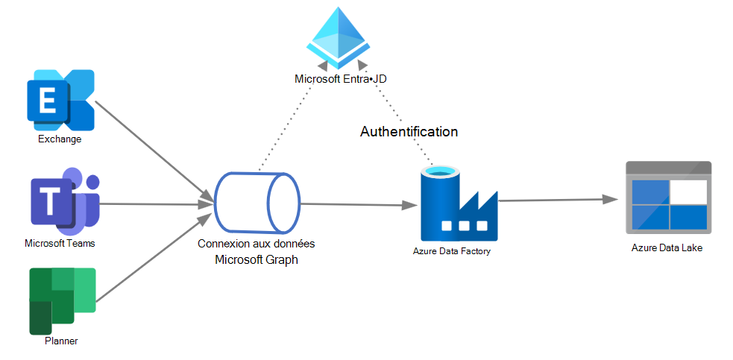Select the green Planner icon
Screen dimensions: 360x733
(x=63, y=300)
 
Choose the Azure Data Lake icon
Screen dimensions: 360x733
(x=667, y=196)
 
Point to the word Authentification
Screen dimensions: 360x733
(x=409, y=132)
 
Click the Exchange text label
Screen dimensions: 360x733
(x=60, y=139)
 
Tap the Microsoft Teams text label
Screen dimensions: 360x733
(x=60, y=243)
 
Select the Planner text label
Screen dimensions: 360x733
(x=61, y=341)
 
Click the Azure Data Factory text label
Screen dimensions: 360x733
(x=452, y=251)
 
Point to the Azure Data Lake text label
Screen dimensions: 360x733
(x=667, y=247)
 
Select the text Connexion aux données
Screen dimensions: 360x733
(x=256, y=244)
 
